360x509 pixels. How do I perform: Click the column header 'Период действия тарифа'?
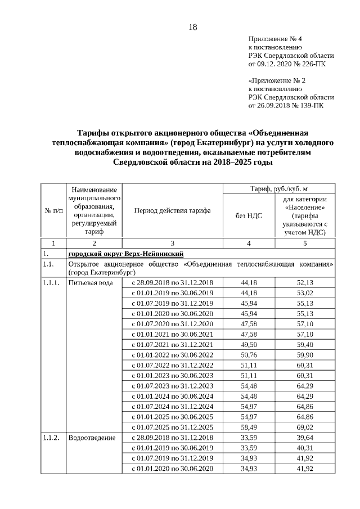pos(172,211)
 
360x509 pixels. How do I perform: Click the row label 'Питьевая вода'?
pos(87,282)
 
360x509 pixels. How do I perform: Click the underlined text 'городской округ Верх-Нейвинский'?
pos(124,254)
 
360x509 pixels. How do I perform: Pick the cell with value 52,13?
pos(304,282)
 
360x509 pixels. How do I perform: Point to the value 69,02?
pos(304,427)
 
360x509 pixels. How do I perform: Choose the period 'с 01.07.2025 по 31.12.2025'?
pos(172,427)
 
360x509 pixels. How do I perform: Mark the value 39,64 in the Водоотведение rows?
pos(304,437)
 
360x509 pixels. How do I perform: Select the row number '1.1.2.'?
pos(51,437)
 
